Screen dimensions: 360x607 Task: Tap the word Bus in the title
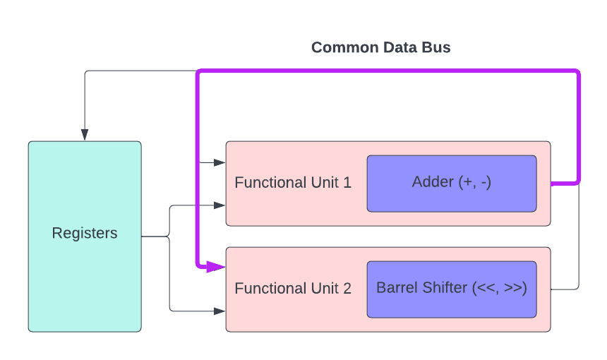click(437, 48)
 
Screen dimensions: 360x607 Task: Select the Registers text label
click(85, 233)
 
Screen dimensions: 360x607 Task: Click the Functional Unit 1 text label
click(292, 183)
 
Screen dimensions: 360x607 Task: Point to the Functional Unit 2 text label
click(292, 289)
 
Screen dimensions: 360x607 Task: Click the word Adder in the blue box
click(432, 182)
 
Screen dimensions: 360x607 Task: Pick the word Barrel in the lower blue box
click(396, 288)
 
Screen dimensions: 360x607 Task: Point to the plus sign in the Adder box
click(467, 182)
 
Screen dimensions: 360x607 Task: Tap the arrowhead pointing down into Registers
click(85, 136)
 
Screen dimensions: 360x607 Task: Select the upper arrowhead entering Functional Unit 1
click(220, 162)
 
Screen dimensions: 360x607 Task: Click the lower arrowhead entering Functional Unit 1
click(220, 205)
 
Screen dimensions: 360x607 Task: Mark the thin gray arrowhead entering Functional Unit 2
click(220, 311)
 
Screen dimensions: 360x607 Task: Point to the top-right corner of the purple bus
click(578, 72)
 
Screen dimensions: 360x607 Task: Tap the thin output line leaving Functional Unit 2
click(565, 289)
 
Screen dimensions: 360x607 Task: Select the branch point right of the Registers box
click(169, 236)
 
